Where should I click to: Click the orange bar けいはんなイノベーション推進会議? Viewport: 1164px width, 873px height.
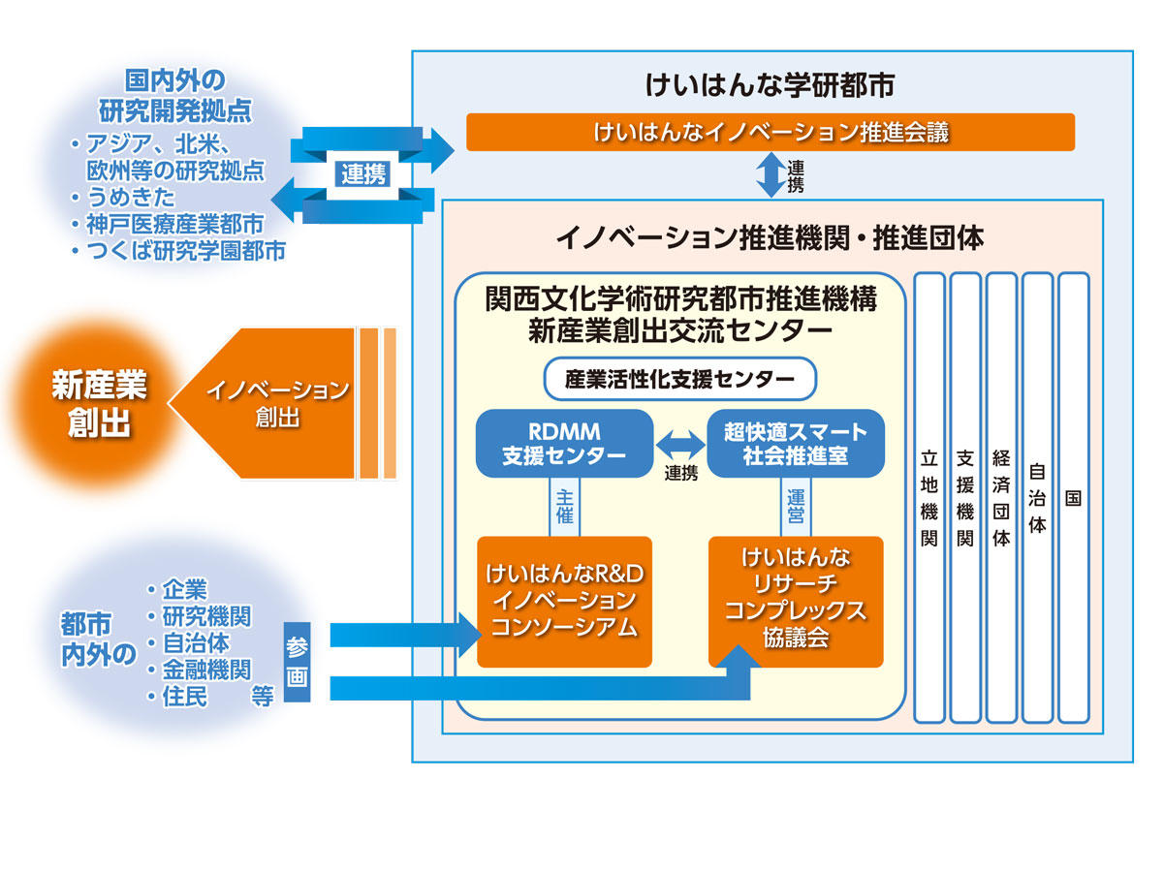tap(771, 133)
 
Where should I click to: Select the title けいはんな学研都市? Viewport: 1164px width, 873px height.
tap(771, 86)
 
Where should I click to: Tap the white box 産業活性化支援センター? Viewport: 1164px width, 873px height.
tap(680, 379)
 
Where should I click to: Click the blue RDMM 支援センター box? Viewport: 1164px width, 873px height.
tap(563, 443)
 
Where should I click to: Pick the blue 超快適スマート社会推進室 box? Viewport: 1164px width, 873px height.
tap(796, 443)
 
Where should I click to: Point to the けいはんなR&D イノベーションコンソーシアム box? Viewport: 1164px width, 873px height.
tap(564, 601)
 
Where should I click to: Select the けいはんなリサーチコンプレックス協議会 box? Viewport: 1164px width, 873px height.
tap(796, 601)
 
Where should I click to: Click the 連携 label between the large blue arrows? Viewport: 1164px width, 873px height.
tap(363, 174)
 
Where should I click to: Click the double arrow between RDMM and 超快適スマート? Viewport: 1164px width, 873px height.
tap(680, 444)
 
